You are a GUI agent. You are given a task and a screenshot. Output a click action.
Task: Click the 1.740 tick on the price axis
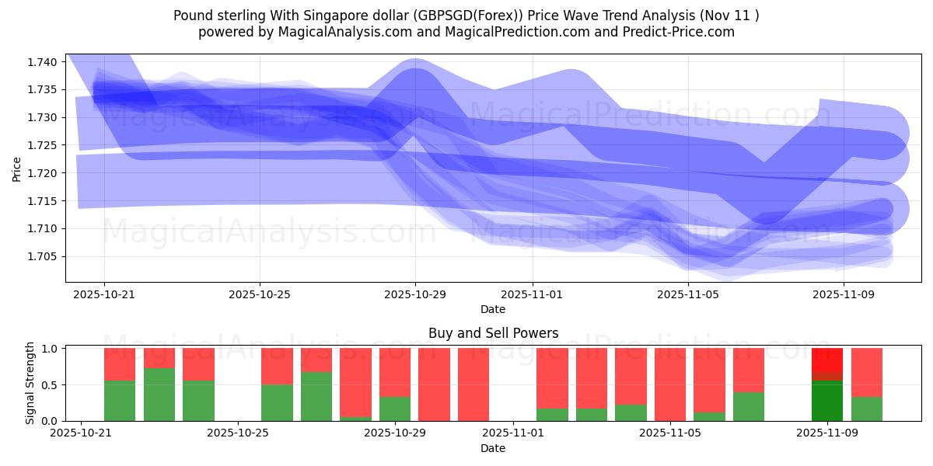pyautogui.click(x=44, y=62)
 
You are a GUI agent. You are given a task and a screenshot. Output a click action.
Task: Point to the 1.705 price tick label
pyautogui.click(x=44, y=256)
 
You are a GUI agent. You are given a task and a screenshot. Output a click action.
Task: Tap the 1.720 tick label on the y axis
pyautogui.click(x=44, y=173)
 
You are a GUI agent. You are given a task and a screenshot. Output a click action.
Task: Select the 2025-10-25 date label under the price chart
pyautogui.click(x=260, y=294)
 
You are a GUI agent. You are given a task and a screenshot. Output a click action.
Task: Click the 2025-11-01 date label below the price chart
pyautogui.click(x=532, y=294)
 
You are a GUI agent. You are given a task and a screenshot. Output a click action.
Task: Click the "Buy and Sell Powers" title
pyautogui.click(x=493, y=333)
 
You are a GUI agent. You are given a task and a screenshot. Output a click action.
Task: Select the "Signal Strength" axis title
pyautogui.click(x=30, y=384)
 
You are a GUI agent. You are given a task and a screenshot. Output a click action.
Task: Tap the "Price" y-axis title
pyautogui.click(x=17, y=168)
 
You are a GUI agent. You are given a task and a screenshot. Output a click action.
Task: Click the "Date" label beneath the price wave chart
pyautogui.click(x=493, y=309)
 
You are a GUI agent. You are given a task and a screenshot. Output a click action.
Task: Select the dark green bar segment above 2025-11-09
pyautogui.click(x=827, y=401)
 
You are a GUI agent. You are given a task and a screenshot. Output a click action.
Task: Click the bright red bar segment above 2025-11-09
pyautogui.click(x=827, y=362)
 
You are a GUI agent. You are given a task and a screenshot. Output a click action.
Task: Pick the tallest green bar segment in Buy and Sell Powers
pyautogui.click(x=159, y=395)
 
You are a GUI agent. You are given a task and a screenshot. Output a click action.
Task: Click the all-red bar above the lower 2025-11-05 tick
pyautogui.click(x=670, y=384)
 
